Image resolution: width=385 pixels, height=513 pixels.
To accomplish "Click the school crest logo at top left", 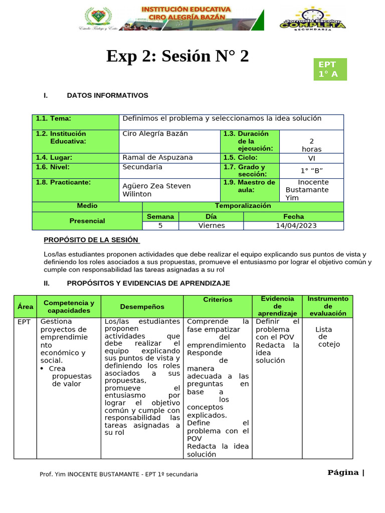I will (x=95, y=18).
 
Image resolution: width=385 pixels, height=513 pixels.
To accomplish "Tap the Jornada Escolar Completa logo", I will (x=312, y=20).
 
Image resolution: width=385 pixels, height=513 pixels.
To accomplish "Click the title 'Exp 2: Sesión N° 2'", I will (x=177, y=57).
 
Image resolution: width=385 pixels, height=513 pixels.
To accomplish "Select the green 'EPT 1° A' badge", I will (x=329, y=69).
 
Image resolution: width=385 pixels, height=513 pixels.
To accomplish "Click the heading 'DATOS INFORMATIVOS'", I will (x=107, y=95).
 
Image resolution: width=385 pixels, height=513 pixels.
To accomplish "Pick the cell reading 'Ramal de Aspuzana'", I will (x=157, y=157).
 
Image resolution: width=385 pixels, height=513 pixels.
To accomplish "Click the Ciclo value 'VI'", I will (x=311, y=157).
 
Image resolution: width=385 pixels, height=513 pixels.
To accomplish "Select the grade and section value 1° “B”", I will (x=311, y=170).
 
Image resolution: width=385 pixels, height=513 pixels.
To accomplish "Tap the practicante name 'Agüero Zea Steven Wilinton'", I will (x=156, y=190).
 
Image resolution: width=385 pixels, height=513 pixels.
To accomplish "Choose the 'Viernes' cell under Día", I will (x=211, y=225).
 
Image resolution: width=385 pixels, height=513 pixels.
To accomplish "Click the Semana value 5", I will (x=160, y=225).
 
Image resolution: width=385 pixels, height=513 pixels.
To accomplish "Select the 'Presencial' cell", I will (x=87, y=221).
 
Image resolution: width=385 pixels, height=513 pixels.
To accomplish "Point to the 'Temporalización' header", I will (x=243, y=206).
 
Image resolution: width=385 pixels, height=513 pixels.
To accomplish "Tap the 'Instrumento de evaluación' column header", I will (x=328, y=306).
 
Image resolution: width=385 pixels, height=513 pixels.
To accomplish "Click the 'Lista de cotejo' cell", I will (x=328, y=337).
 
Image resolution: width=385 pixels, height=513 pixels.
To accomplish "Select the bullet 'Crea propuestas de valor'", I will (x=71, y=376).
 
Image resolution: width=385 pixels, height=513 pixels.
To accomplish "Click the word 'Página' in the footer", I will (x=343, y=472).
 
